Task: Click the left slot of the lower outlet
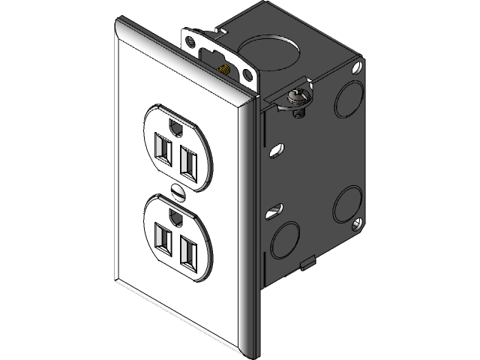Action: click(160, 238)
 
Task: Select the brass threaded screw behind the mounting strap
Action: click(221, 67)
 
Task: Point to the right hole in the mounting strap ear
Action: click(246, 73)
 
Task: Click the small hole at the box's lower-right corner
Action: click(353, 223)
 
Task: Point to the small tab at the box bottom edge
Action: click(305, 265)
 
